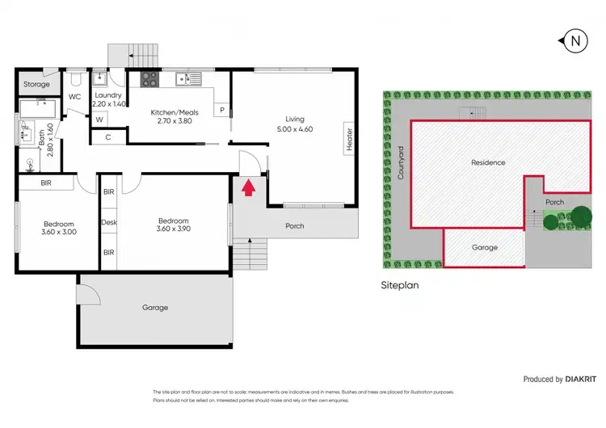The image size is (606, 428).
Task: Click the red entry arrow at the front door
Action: click(x=249, y=188)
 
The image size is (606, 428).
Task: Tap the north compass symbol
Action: click(x=574, y=40)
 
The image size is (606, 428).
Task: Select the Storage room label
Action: click(x=36, y=84)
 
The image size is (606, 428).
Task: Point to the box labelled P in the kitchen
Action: click(x=221, y=110)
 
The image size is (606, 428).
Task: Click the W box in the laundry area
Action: click(x=99, y=120)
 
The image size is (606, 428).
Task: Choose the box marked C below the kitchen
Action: click(x=108, y=137)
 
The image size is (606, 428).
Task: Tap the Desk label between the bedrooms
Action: click(x=108, y=222)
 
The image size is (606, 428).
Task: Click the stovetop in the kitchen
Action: click(x=150, y=79)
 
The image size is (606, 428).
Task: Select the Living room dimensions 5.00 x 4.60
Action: click(x=295, y=128)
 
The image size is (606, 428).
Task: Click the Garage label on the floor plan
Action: click(x=154, y=308)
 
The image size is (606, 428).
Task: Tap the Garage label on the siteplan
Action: click(x=484, y=247)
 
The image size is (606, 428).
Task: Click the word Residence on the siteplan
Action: click(x=488, y=162)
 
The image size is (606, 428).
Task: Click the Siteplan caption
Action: click(x=401, y=284)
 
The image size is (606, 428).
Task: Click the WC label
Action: click(x=74, y=97)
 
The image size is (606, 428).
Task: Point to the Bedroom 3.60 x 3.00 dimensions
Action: click(x=48, y=232)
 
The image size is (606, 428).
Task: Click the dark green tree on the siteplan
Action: click(x=580, y=216)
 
